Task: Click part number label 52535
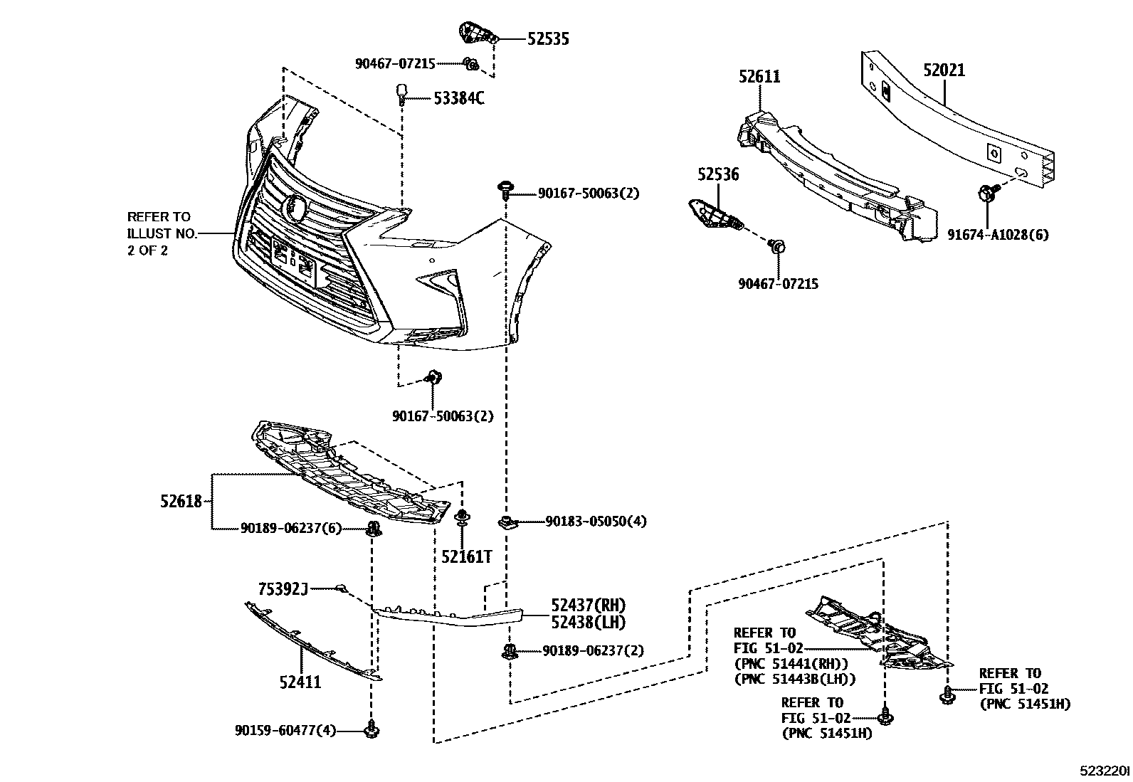pos(547,40)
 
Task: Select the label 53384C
pos(458,99)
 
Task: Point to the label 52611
pos(759,77)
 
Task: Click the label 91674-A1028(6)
pos(997,234)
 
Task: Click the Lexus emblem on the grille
pos(294,206)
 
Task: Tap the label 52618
pos(181,502)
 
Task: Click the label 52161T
pos(466,556)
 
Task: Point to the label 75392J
pos(283,588)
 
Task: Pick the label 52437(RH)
pos(587,606)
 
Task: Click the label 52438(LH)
pos(587,623)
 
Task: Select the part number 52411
pos(300,682)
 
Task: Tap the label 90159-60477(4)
pos(285,730)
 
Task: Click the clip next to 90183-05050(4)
pos(506,523)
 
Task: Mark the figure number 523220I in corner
pos(1105,771)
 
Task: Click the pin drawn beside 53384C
pos(402,93)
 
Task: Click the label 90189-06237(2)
pos(592,650)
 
